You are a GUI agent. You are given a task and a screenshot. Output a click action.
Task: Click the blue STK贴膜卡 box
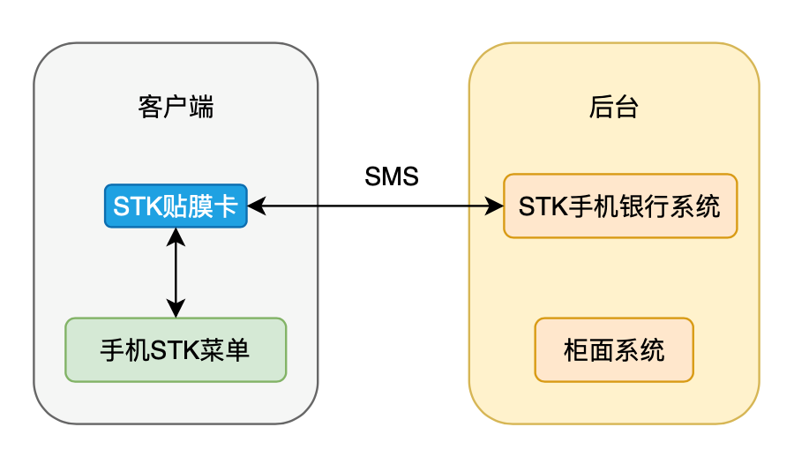point(176,206)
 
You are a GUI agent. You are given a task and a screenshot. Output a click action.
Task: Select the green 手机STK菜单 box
point(176,349)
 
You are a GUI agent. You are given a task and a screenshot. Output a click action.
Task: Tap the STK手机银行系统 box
point(619,206)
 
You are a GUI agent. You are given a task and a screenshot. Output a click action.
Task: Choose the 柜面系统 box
point(614,350)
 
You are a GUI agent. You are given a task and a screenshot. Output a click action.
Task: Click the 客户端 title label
point(176,108)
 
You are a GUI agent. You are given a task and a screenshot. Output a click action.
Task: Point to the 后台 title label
point(614,108)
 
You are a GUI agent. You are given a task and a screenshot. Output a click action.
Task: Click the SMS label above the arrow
point(392,176)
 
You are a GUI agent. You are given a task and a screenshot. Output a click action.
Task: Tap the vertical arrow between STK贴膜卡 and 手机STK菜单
point(176,272)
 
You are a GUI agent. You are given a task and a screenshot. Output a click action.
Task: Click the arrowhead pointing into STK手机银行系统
point(495,206)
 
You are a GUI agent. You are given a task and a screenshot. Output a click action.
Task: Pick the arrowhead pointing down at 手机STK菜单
point(176,309)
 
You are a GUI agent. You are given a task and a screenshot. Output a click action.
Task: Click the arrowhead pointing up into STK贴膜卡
point(176,236)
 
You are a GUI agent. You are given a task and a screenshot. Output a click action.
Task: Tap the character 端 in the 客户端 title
point(201,108)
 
